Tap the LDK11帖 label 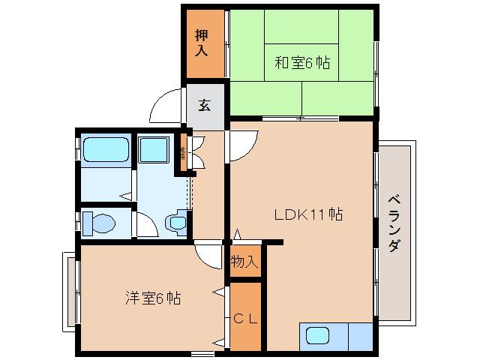pos(307,215)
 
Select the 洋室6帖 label pos(152,298)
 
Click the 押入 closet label pos(202,43)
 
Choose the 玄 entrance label pos(204,105)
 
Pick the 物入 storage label pos(244,262)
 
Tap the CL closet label pos(244,318)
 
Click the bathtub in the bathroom pos(106,150)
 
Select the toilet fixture pos(98,223)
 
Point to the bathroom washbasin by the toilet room pos(178,222)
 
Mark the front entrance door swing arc pos(166,107)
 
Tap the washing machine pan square pos(155,152)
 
